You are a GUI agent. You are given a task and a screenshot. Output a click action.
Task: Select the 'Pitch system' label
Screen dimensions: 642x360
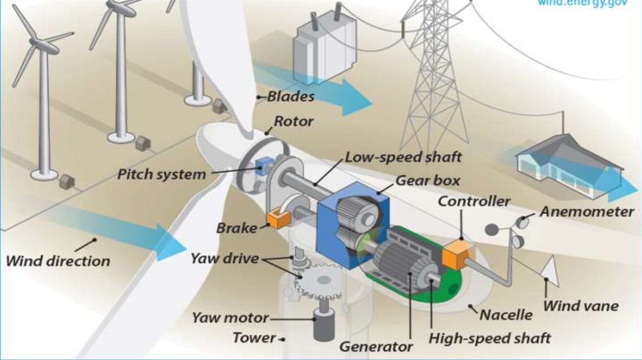click(x=162, y=174)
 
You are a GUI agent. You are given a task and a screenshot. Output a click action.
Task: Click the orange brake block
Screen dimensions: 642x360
click(x=276, y=219)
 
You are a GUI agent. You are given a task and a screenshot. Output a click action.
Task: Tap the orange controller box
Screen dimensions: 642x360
click(x=455, y=254)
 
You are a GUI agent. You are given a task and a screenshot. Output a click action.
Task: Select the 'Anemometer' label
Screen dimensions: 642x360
click(x=587, y=212)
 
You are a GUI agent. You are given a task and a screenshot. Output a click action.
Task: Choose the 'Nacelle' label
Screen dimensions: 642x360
click(x=505, y=314)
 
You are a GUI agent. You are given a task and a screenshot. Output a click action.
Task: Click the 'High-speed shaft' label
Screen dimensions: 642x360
click(x=489, y=338)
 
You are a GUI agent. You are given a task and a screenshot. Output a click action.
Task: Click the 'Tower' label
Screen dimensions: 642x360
click(x=254, y=338)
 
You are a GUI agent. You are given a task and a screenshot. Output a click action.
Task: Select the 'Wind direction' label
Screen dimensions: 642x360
click(x=58, y=260)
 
